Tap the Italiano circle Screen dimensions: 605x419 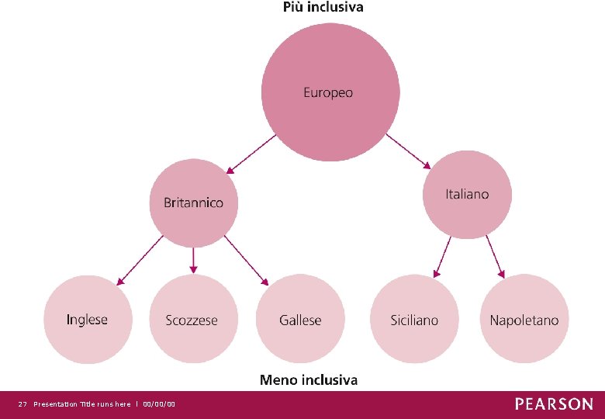(467, 194)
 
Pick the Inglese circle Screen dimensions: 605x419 (88, 319)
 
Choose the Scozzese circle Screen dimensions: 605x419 (192, 319)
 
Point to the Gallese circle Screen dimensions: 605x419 (300, 319)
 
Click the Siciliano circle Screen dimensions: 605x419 (414, 319)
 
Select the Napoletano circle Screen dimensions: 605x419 (524, 319)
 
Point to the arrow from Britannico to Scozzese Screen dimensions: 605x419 (193, 260)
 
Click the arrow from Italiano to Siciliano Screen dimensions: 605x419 (442, 257)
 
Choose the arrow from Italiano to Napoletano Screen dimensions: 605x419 (495, 257)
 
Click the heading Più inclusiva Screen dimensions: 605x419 (322, 8)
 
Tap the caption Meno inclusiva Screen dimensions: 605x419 (308, 379)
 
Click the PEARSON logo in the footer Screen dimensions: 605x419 (554, 404)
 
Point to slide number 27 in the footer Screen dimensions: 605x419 (22, 404)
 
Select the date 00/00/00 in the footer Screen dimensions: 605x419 (159, 404)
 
